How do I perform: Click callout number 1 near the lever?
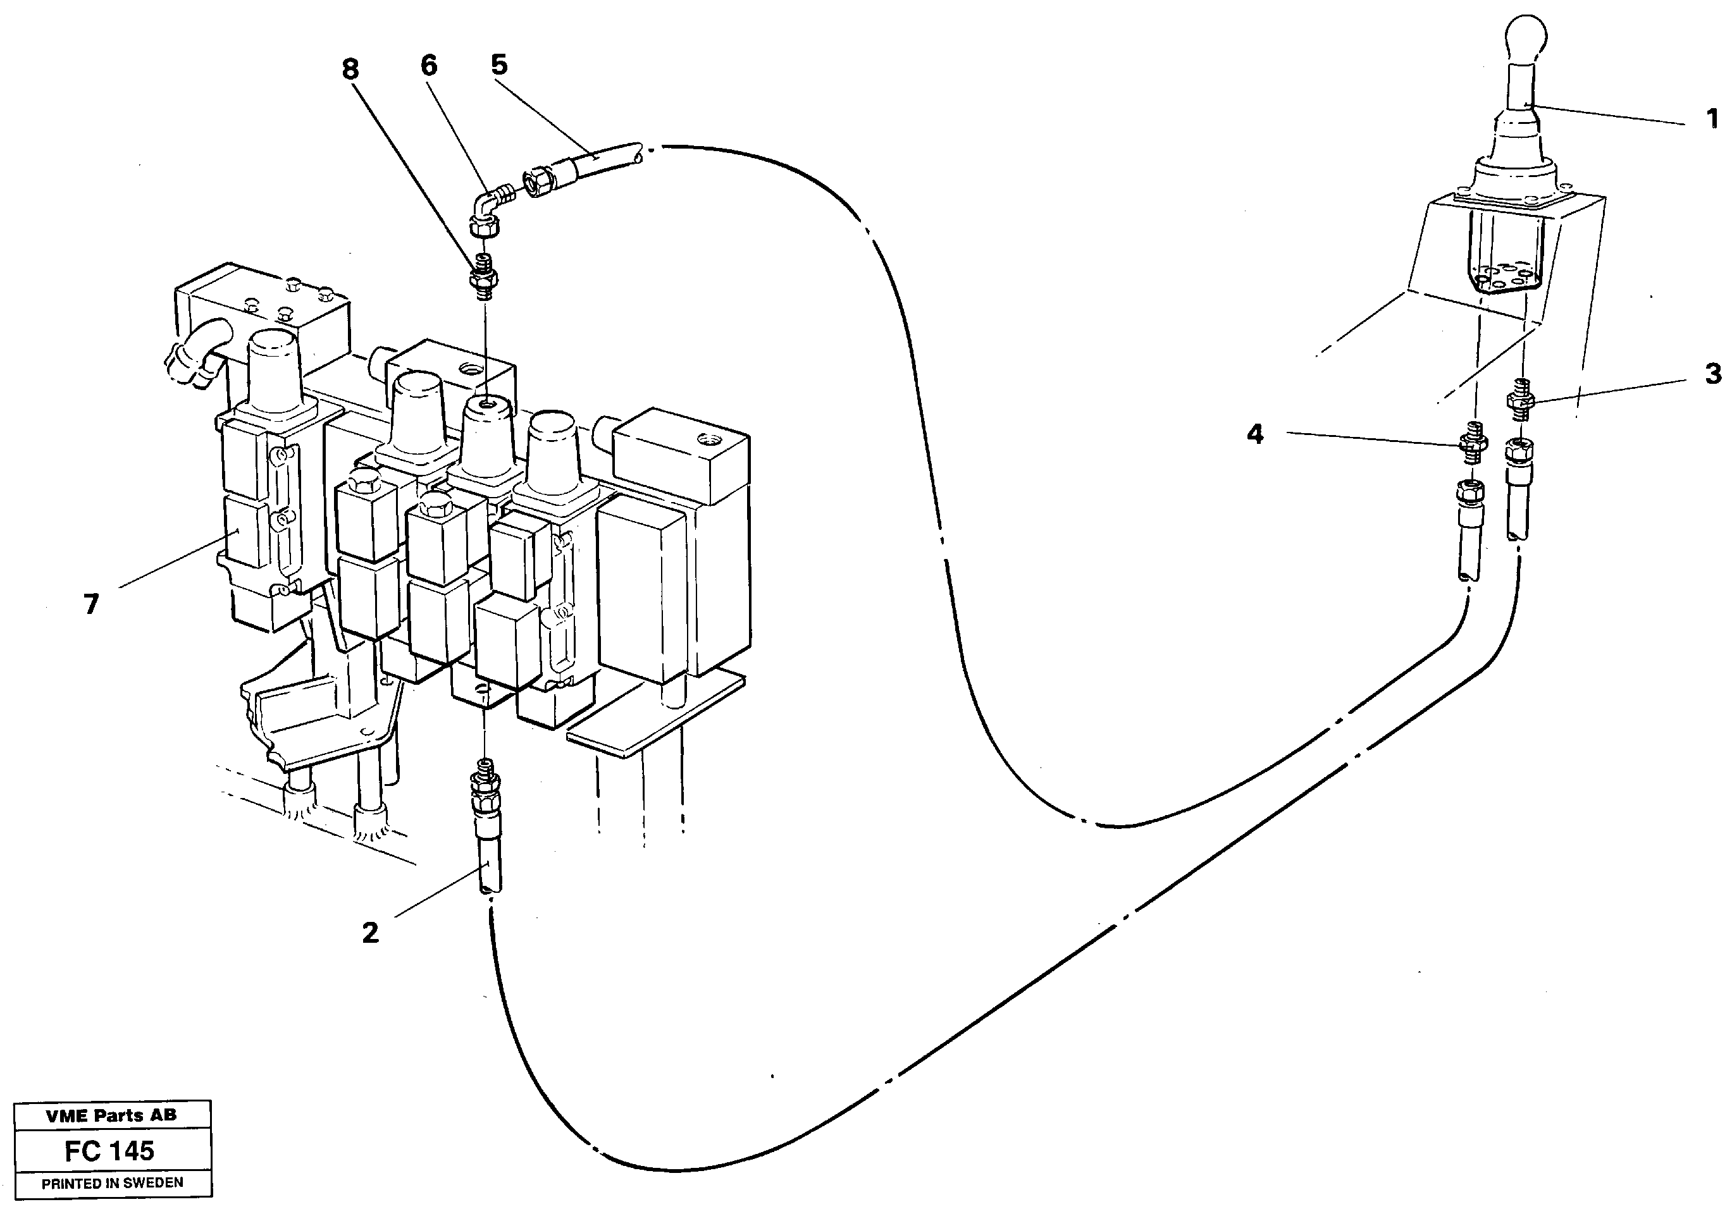tap(1712, 118)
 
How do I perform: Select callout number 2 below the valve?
tap(369, 933)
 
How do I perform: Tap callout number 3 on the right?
tap(1712, 374)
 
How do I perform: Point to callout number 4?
tap(1254, 434)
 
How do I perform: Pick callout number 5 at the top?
tap(499, 65)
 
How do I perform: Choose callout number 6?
tap(428, 66)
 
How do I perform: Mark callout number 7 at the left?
tap(91, 604)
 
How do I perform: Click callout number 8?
tap(350, 70)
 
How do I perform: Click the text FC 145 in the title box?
tap(109, 1150)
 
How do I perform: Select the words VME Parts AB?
tap(111, 1115)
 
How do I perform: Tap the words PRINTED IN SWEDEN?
tap(111, 1183)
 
